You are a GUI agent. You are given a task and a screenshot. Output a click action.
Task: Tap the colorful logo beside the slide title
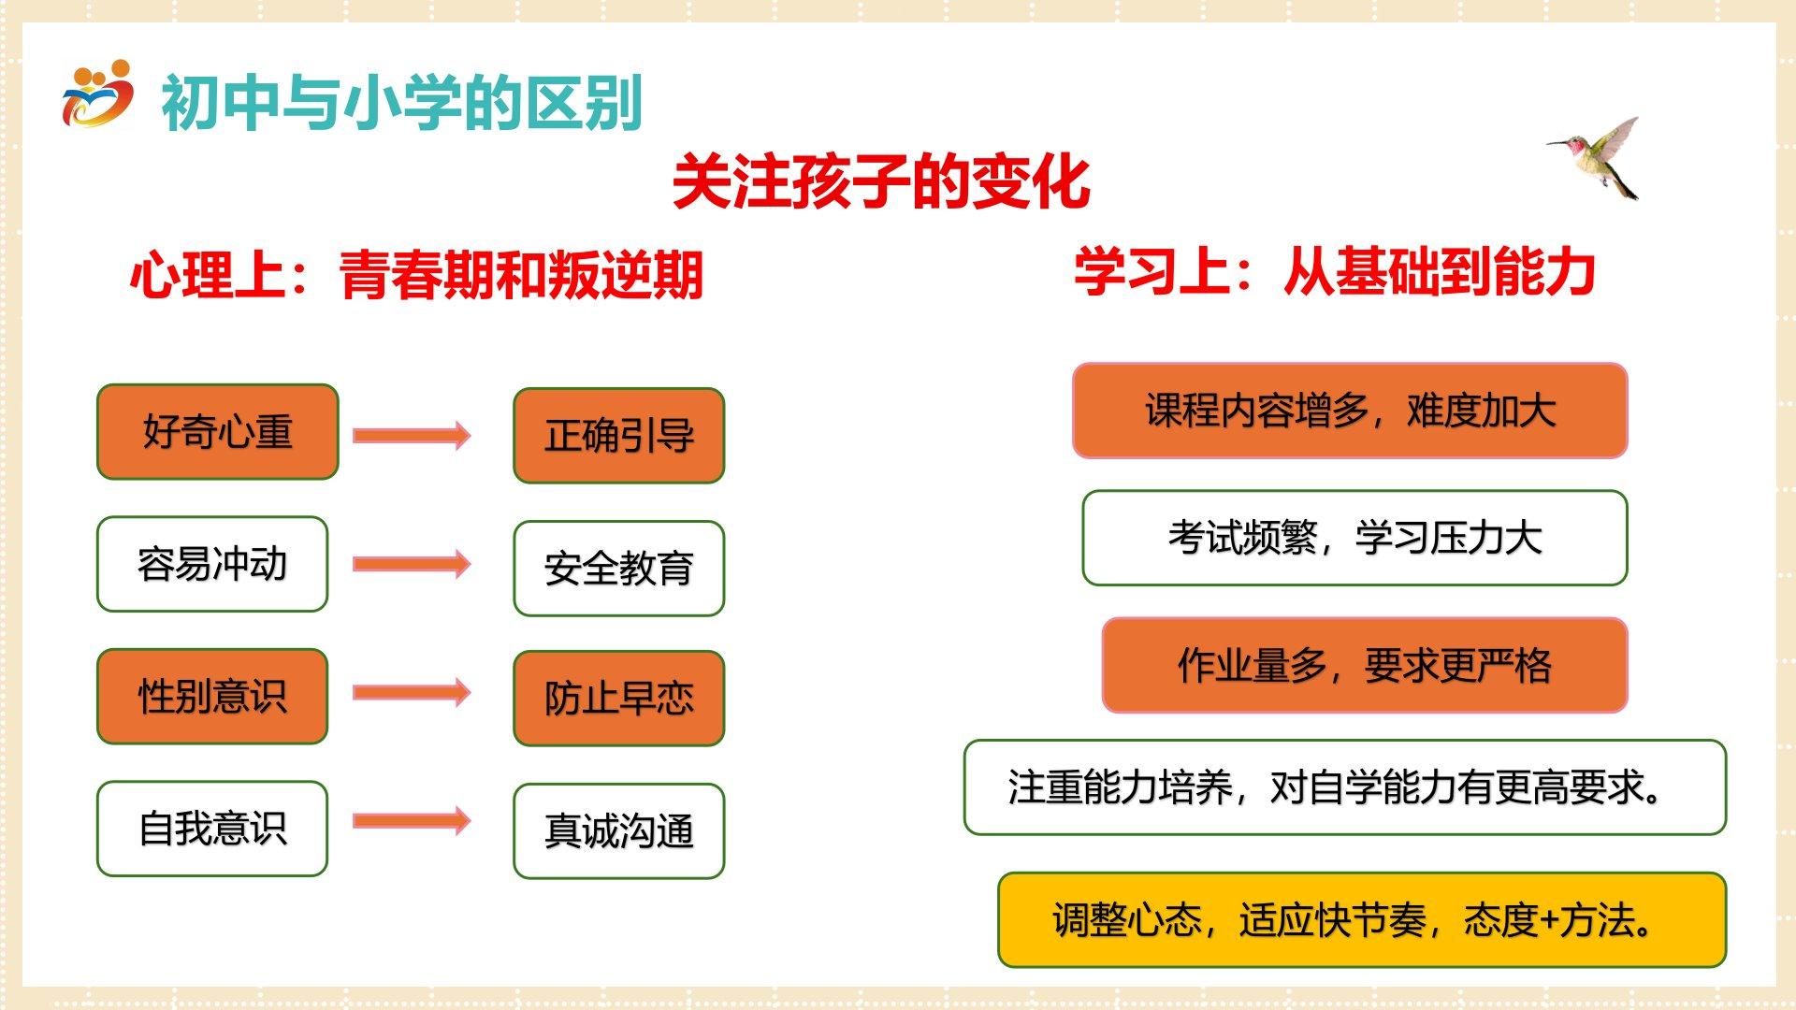[97, 95]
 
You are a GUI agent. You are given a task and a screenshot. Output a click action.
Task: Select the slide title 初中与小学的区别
[402, 103]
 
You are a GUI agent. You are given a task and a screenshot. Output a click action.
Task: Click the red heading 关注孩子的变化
[881, 181]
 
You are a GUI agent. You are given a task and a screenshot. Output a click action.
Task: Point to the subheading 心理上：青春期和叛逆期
[416, 275]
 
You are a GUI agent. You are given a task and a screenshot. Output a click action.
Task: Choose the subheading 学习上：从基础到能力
[1335, 272]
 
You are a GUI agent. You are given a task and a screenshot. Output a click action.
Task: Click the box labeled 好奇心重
[218, 432]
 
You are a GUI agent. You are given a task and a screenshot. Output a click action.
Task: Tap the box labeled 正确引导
[619, 436]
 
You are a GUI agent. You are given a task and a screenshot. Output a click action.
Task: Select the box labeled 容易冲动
[212, 564]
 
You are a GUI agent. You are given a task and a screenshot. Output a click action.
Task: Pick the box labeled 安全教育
[619, 569]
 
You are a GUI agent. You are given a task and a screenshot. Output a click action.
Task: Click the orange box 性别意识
[212, 697]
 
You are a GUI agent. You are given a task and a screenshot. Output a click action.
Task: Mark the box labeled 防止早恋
[619, 699]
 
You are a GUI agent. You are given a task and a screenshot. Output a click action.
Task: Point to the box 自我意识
[212, 829]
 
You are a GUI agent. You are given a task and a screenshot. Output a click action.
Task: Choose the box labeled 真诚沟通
[619, 831]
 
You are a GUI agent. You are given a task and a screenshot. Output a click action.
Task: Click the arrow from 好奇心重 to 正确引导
[412, 435]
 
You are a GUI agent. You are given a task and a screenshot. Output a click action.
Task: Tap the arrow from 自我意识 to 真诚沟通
[412, 821]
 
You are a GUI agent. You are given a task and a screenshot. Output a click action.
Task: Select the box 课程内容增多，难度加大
[1350, 411]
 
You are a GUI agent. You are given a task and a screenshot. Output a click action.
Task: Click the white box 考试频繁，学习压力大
[1354, 538]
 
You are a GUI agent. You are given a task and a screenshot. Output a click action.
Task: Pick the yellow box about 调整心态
[1362, 920]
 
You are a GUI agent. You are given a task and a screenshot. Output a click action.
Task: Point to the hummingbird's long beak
[1560, 143]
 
